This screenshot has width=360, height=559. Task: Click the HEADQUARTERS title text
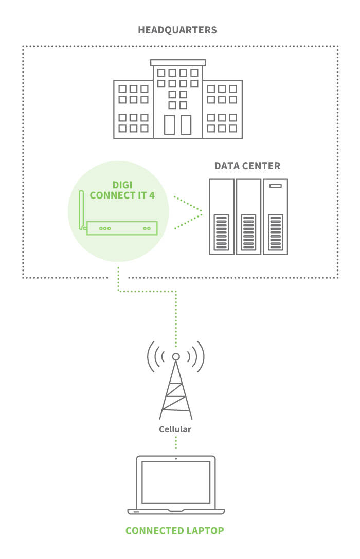pyautogui.click(x=177, y=30)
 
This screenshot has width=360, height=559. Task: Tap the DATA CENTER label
pyautogui.click(x=247, y=166)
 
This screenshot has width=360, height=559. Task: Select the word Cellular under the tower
pyautogui.click(x=175, y=429)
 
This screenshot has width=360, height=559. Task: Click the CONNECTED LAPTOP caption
pyautogui.click(x=175, y=531)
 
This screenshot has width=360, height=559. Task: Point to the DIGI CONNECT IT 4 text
pyautogui.click(x=122, y=190)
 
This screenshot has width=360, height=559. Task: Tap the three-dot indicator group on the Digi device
pyautogui.click(x=105, y=228)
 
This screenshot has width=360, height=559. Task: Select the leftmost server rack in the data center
pyautogui.click(x=222, y=217)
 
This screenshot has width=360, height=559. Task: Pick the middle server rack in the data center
pyautogui.click(x=248, y=217)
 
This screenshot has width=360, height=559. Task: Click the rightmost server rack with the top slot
pyautogui.click(x=275, y=217)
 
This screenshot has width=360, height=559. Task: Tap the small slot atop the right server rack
pyautogui.click(x=275, y=185)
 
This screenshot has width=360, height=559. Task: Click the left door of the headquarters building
pyautogui.click(x=169, y=124)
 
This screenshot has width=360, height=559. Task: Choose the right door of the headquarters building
pyautogui.click(x=186, y=124)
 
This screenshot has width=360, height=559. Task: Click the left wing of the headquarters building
pyautogui.click(x=133, y=109)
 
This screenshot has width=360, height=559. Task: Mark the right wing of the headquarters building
pyautogui.click(x=222, y=109)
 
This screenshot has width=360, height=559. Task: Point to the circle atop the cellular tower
pyautogui.click(x=176, y=356)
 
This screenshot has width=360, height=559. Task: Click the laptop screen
pyautogui.click(x=176, y=482)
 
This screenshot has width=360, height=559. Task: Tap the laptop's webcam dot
pyautogui.click(x=176, y=458)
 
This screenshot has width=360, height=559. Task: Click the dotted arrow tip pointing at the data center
pyautogui.click(x=201, y=213)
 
